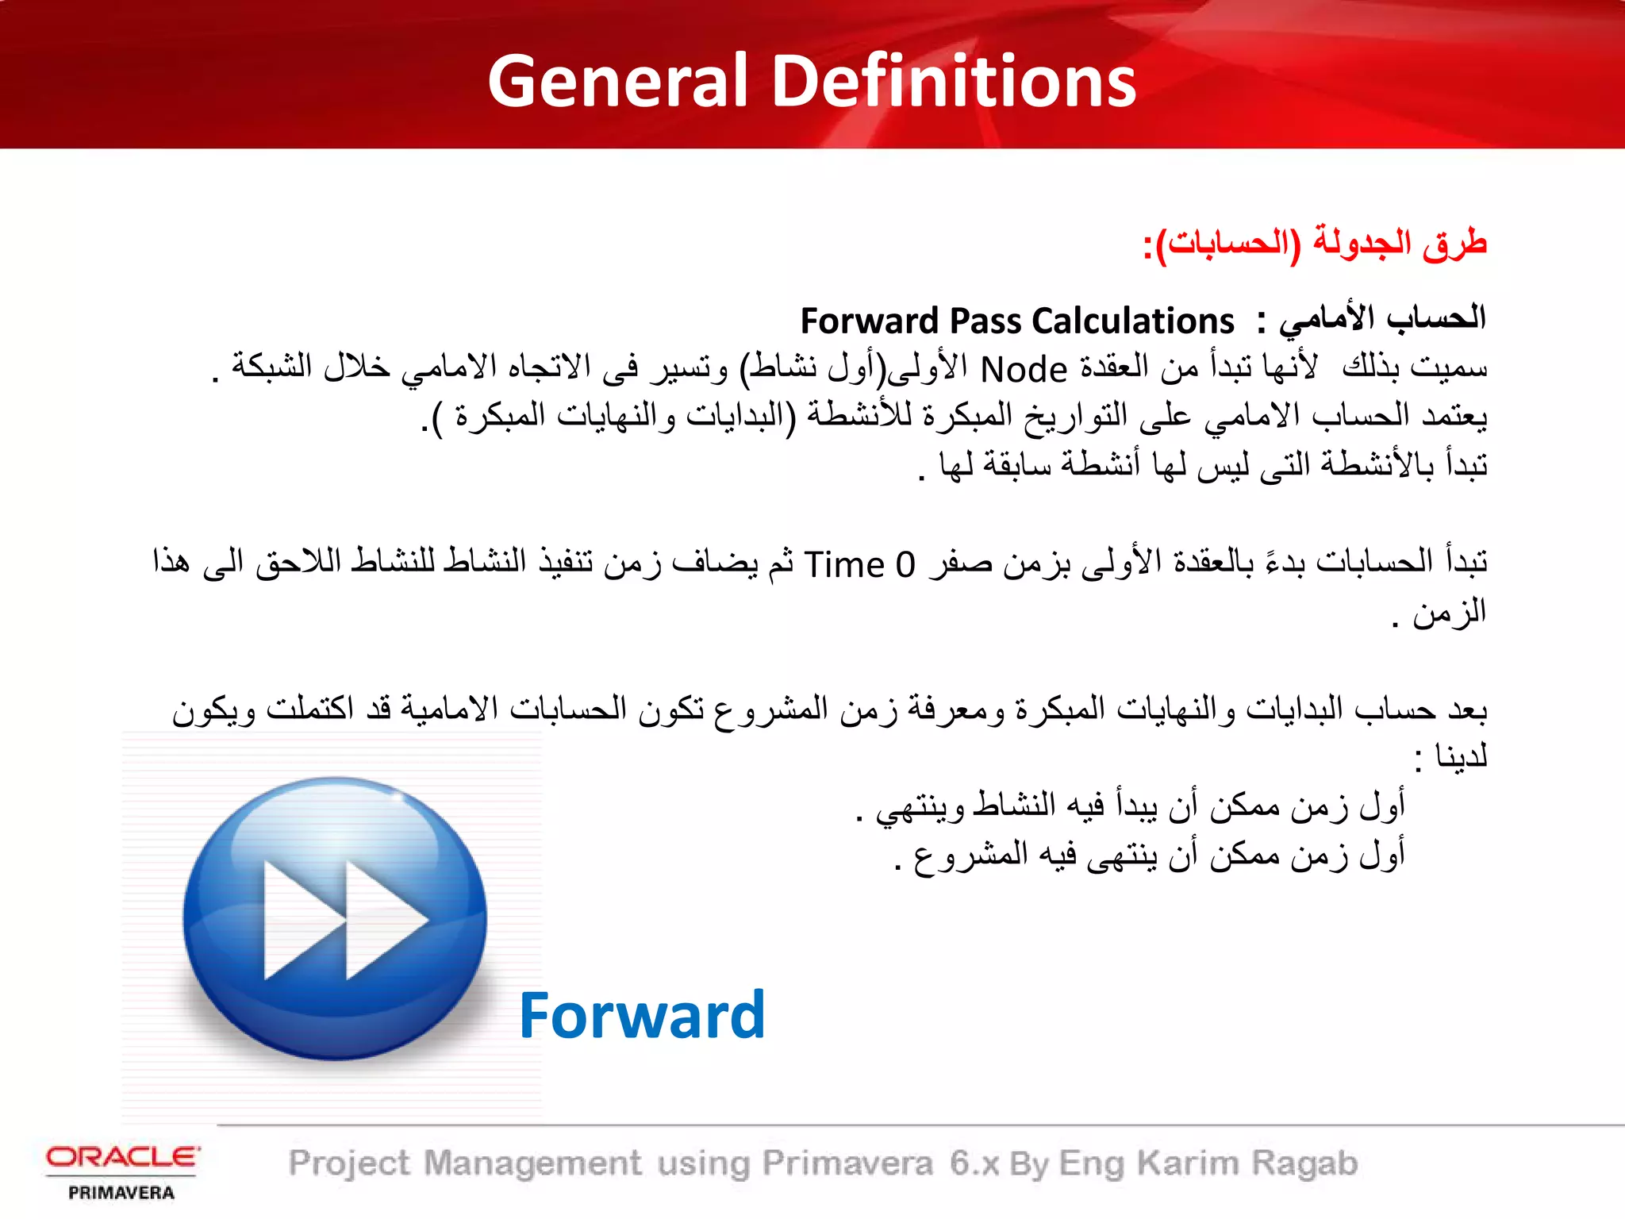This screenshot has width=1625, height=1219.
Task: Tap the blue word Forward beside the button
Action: [642, 1016]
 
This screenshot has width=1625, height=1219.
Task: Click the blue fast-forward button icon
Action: [335, 919]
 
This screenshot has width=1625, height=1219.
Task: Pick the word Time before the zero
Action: [844, 565]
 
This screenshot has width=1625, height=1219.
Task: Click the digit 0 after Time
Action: [905, 565]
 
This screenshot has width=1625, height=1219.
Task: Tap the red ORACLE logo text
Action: [122, 1156]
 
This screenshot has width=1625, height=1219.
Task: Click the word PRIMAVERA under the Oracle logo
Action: [121, 1193]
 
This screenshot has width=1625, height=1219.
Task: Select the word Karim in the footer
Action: [1188, 1163]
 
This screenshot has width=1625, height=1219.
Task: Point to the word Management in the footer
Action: [532, 1163]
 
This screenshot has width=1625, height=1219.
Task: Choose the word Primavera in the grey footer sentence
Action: [847, 1163]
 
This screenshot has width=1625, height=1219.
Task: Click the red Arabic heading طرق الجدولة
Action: [1400, 243]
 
